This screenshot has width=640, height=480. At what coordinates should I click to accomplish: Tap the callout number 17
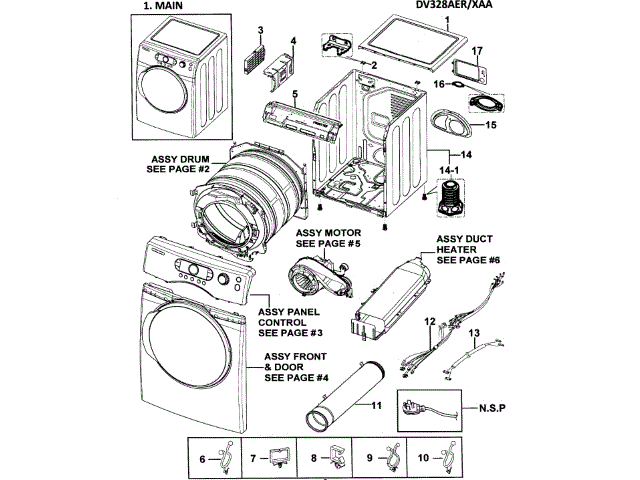[477, 49]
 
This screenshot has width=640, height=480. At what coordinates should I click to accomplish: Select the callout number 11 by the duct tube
[378, 406]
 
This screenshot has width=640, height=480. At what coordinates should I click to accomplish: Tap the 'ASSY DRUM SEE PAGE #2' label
[181, 165]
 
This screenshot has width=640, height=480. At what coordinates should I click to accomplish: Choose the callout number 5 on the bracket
[295, 96]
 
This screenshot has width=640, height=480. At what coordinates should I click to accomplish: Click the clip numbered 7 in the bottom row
[277, 458]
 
